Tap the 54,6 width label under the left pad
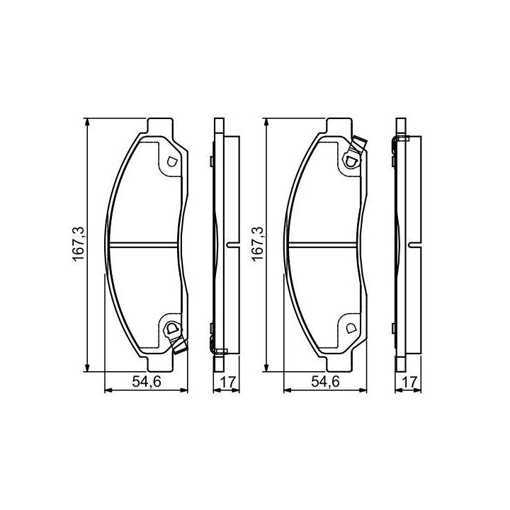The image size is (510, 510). [x=147, y=382]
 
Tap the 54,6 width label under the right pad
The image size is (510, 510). [x=325, y=382]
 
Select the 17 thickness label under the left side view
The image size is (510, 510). [x=227, y=382]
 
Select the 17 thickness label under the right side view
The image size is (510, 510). [x=409, y=382]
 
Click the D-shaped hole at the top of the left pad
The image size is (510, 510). [x=171, y=161]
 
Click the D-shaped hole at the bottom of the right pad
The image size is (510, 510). [x=351, y=328]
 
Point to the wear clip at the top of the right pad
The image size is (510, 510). [x=355, y=152]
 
